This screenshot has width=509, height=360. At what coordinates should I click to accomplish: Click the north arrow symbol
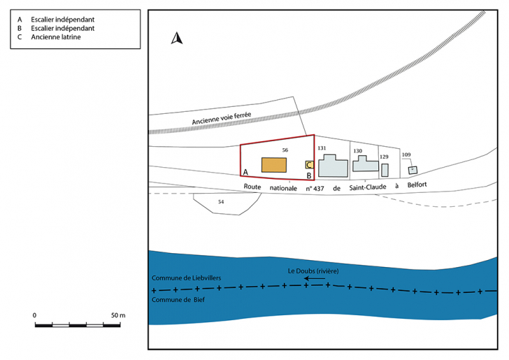[x=177, y=38]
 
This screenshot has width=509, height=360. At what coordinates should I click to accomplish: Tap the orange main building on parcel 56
[x=274, y=165]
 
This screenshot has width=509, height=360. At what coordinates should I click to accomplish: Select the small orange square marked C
[x=309, y=165]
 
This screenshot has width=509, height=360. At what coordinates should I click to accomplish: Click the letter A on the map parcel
[x=245, y=172]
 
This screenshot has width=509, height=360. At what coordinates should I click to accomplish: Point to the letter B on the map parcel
[x=309, y=175]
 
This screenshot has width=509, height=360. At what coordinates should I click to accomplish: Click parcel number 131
[x=322, y=148]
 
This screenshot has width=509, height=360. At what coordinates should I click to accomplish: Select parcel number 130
[x=357, y=151]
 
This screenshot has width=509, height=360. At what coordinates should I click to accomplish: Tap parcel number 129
[x=384, y=157]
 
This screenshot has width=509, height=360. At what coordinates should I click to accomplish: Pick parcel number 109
[x=406, y=154]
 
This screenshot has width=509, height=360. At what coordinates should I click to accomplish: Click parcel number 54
[x=221, y=201]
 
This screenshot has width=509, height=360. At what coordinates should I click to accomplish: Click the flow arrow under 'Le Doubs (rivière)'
[x=315, y=278]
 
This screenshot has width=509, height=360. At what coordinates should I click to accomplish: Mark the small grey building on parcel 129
[x=385, y=170]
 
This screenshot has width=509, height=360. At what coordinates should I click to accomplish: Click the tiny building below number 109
[x=413, y=170]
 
